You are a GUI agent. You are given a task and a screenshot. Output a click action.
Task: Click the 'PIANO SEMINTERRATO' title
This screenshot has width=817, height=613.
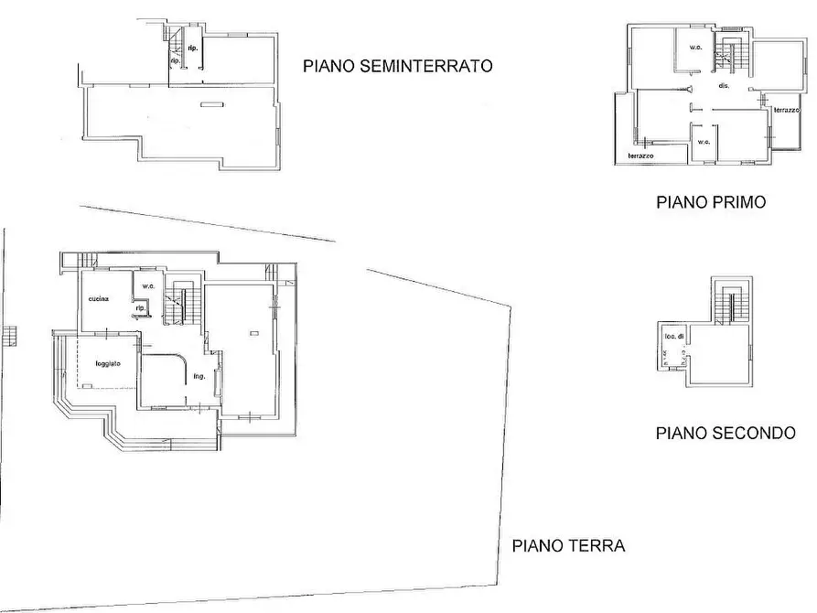(398, 66)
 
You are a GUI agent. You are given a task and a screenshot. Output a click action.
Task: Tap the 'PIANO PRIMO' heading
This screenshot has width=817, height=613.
(711, 202)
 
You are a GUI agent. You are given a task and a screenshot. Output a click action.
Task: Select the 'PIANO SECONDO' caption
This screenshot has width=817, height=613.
(726, 433)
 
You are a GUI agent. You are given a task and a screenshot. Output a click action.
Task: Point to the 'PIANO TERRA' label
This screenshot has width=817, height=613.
(568, 546)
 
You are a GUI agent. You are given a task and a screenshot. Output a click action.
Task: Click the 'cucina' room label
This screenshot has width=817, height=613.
(99, 300)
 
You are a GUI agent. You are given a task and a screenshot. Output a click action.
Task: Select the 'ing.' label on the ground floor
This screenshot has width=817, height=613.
(199, 374)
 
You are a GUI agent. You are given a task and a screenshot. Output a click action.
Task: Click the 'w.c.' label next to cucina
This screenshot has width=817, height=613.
(146, 285)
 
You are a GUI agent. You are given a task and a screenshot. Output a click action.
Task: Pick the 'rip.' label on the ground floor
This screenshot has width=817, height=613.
(140, 308)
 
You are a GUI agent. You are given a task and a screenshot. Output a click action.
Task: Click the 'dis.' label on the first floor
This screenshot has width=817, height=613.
(723, 85)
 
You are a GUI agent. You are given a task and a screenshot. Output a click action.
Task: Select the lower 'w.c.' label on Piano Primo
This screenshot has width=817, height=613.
(704, 142)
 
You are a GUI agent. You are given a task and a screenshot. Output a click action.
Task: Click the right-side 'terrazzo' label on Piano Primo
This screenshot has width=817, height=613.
(786, 110)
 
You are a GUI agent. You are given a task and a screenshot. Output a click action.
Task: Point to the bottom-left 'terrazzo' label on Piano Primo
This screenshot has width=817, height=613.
(640, 156)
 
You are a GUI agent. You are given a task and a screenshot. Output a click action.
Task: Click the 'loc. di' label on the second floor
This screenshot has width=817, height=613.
(673, 338)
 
